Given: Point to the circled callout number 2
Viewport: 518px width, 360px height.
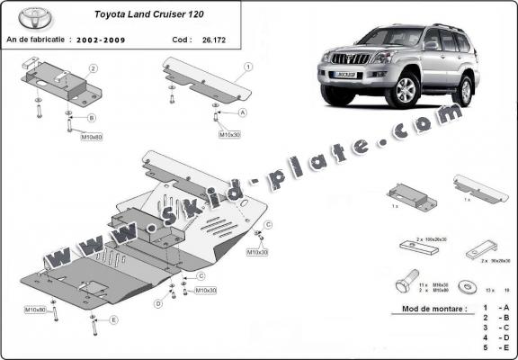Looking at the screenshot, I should tap(93, 68).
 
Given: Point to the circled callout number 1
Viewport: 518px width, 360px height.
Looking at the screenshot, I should tap(248, 67).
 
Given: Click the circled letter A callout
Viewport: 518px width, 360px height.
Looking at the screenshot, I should tap(243, 112).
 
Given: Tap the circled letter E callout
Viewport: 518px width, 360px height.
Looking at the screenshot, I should tap(113, 319).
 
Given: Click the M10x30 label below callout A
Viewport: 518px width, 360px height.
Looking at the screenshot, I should tap(230, 134).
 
